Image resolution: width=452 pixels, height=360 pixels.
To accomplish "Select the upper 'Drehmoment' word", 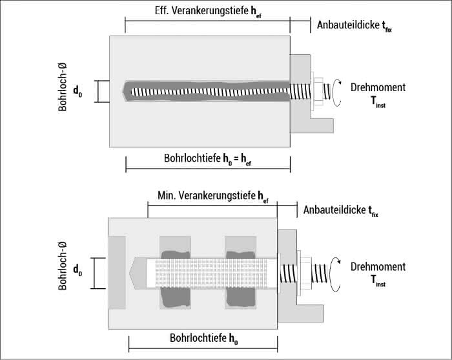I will click(x=378, y=88).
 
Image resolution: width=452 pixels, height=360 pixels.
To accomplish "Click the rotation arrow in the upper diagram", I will click(x=336, y=91).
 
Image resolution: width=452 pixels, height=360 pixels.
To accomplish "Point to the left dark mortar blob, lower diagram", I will click(x=175, y=278).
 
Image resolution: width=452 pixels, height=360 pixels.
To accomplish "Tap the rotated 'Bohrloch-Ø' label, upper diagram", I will click(x=63, y=88).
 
